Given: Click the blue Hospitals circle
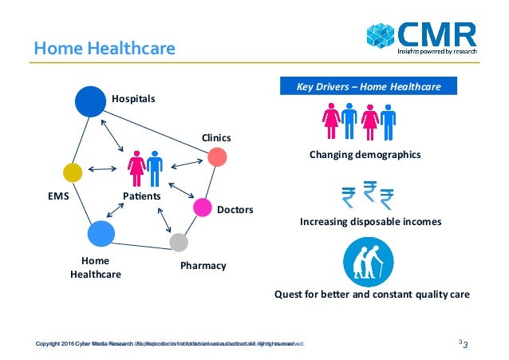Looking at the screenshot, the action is point(90,101).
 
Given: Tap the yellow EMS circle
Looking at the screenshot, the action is point(73,172).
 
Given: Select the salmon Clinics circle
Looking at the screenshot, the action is point(217,157).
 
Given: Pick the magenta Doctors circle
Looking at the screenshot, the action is point(203,208).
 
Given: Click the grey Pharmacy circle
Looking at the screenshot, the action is point(179,242).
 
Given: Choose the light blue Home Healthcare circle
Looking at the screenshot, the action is point(101,234).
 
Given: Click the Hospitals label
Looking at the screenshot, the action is point(133,98).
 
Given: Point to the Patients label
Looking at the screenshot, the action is point(142,196).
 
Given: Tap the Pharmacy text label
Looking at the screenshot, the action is point(203,265).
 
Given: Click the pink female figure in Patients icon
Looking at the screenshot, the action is point(136,167).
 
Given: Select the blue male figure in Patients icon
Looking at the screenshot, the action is point(154,167).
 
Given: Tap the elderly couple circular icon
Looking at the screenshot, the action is point(368,262).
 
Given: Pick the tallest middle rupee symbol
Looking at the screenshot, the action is point(369,192).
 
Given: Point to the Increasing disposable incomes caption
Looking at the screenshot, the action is point(369,221).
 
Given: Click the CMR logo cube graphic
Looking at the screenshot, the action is point(381,36).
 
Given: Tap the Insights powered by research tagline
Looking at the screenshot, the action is point(437,50).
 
